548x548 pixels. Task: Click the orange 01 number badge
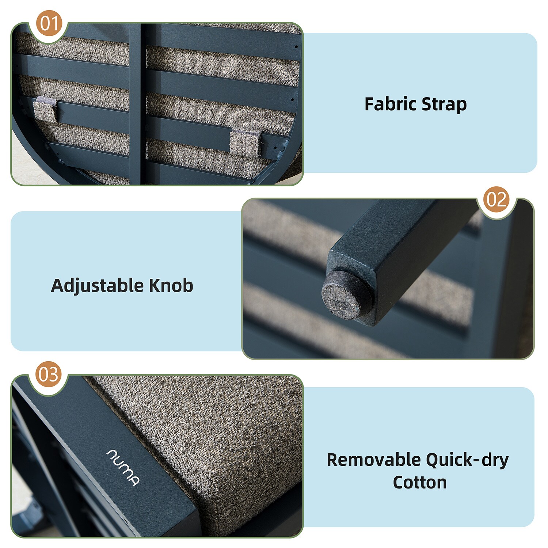[49, 23]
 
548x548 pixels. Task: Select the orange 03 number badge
[48, 374]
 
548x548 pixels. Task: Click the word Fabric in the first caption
[391, 104]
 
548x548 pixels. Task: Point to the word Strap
[444, 105]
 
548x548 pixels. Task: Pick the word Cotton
[419, 482]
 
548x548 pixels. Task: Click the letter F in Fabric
[370, 104]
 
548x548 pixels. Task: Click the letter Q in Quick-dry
[433, 460]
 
